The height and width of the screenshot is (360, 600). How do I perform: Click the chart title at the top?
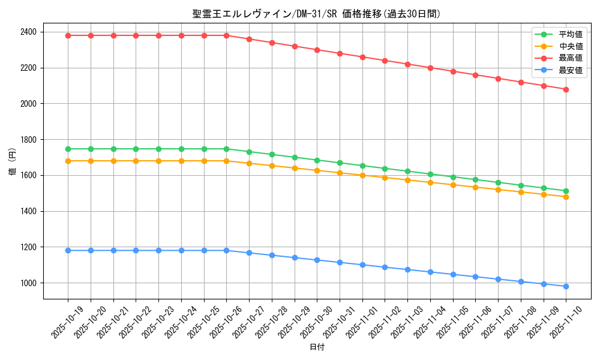317,14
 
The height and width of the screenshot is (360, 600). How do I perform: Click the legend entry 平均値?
571,34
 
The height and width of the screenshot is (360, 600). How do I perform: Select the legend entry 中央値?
571,46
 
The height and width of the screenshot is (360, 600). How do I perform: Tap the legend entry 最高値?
571,58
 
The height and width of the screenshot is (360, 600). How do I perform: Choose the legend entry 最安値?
571,70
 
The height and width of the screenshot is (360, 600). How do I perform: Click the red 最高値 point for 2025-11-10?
566,89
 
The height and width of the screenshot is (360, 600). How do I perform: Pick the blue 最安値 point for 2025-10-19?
68,250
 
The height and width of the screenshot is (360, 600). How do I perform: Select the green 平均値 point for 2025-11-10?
566,191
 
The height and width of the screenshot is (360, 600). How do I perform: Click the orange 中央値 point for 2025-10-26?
226,161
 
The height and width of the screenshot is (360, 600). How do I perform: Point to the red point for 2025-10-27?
249,39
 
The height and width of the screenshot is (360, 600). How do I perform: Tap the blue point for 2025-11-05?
453,274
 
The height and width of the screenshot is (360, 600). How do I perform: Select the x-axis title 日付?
317,347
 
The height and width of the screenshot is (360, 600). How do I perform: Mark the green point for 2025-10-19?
68,149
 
